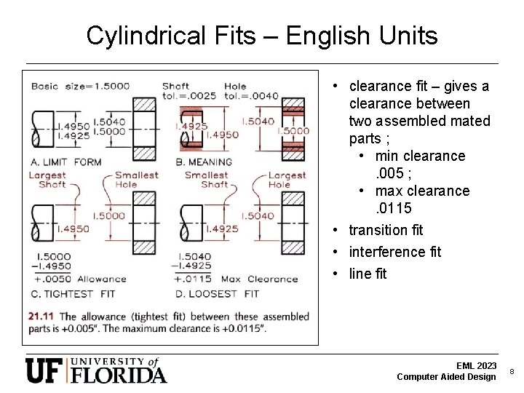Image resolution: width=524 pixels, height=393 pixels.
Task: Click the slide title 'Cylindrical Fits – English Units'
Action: [262, 35]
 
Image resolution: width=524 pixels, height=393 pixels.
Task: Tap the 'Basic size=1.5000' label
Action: [80, 86]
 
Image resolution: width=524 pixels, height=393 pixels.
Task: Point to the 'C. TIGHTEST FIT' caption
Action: [73, 294]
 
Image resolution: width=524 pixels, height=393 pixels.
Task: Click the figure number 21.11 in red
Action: [41, 317]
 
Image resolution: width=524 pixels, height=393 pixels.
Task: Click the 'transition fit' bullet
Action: [386, 230]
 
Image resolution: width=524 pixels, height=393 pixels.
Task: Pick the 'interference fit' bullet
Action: [394, 252]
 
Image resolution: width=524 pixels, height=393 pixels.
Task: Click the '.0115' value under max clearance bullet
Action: [394, 209]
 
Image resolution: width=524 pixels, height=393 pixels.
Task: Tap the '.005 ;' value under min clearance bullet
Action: [395, 173]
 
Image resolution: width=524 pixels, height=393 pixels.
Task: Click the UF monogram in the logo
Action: [46, 370]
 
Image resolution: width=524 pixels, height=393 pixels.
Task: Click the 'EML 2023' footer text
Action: [476, 365]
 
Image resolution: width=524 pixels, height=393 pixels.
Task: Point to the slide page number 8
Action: [512, 371]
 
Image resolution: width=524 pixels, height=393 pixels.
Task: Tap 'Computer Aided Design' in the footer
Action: [447, 376]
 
